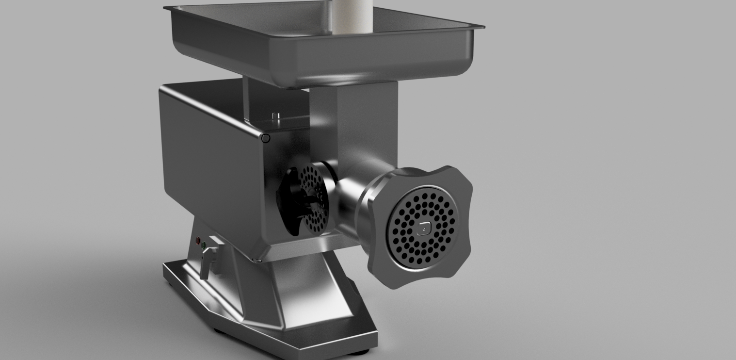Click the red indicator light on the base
(x=198, y=241)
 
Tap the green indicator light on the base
(x=204, y=245)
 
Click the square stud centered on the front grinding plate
(x=423, y=228)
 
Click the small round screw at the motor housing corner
(x=265, y=139)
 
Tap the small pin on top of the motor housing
(x=276, y=116)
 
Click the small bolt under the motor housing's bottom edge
(x=258, y=261)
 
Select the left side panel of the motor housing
(x=208, y=160)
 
